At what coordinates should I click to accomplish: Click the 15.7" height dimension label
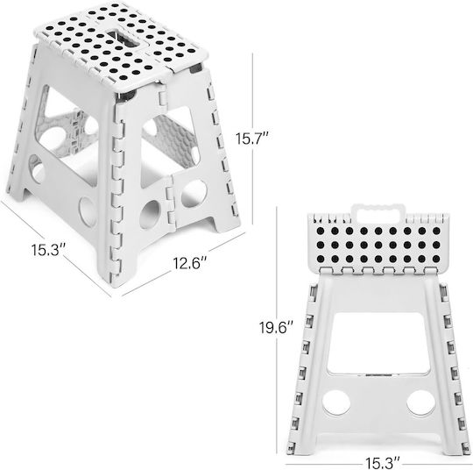coord(251,139)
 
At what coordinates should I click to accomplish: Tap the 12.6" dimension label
coord(190,263)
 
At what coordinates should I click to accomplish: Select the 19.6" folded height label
coord(276,327)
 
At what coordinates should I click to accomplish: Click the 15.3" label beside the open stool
coord(48,250)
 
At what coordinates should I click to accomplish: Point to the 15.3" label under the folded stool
coord(383,463)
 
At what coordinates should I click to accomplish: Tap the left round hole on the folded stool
coord(336,403)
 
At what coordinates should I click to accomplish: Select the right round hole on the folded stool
coord(420,403)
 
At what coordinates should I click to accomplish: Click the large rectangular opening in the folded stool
coord(378,344)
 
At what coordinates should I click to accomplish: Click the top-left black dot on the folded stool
coord(321,231)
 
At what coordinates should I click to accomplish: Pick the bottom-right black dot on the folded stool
coord(436,259)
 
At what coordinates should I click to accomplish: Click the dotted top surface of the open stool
coord(121,42)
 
